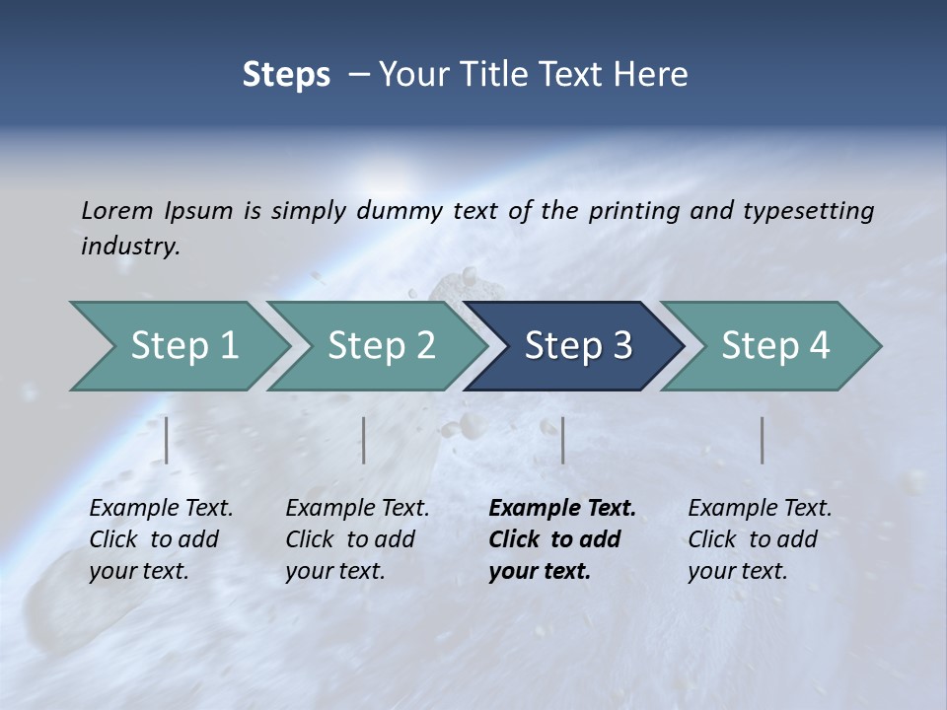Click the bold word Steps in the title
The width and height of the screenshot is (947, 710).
(286, 74)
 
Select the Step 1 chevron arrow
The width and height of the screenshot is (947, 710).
(178, 345)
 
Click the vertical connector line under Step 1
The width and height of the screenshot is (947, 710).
(167, 440)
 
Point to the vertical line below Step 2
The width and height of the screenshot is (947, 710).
(364, 440)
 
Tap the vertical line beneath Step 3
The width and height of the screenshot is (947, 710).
(562, 440)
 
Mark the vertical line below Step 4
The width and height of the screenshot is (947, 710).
(763, 440)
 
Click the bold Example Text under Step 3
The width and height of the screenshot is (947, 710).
(562, 509)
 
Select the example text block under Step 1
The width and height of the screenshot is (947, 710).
(161, 539)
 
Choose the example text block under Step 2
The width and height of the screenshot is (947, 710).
(357, 539)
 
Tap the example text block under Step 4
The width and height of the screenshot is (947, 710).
(760, 539)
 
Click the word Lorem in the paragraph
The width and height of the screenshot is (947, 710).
(117, 210)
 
